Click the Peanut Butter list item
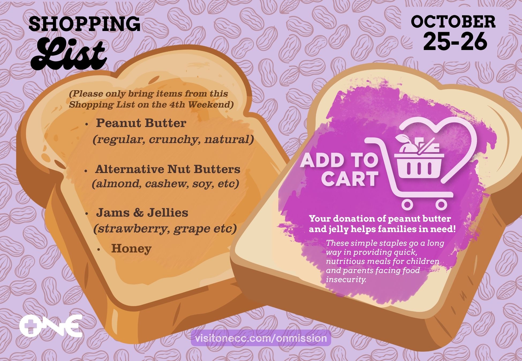141,123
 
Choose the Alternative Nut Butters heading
168,169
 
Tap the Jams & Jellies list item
142,213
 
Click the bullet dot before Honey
99,250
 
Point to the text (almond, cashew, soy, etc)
165,184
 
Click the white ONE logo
51,326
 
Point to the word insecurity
346,280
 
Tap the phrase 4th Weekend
199,105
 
